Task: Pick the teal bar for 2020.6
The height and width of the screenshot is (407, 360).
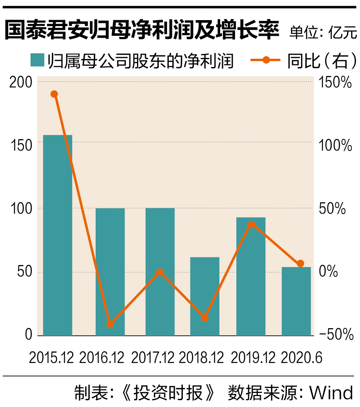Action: click(296, 301)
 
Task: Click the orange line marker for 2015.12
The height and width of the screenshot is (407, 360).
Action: click(54, 94)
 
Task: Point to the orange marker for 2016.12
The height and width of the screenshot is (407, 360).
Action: click(110, 325)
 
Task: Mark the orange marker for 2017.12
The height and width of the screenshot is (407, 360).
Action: click(160, 272)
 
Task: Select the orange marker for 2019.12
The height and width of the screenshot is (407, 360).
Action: click(252, 225)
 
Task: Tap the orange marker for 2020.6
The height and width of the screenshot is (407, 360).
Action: click(300, 263)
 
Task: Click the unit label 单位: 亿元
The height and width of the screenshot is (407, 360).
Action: click(323, 32)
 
